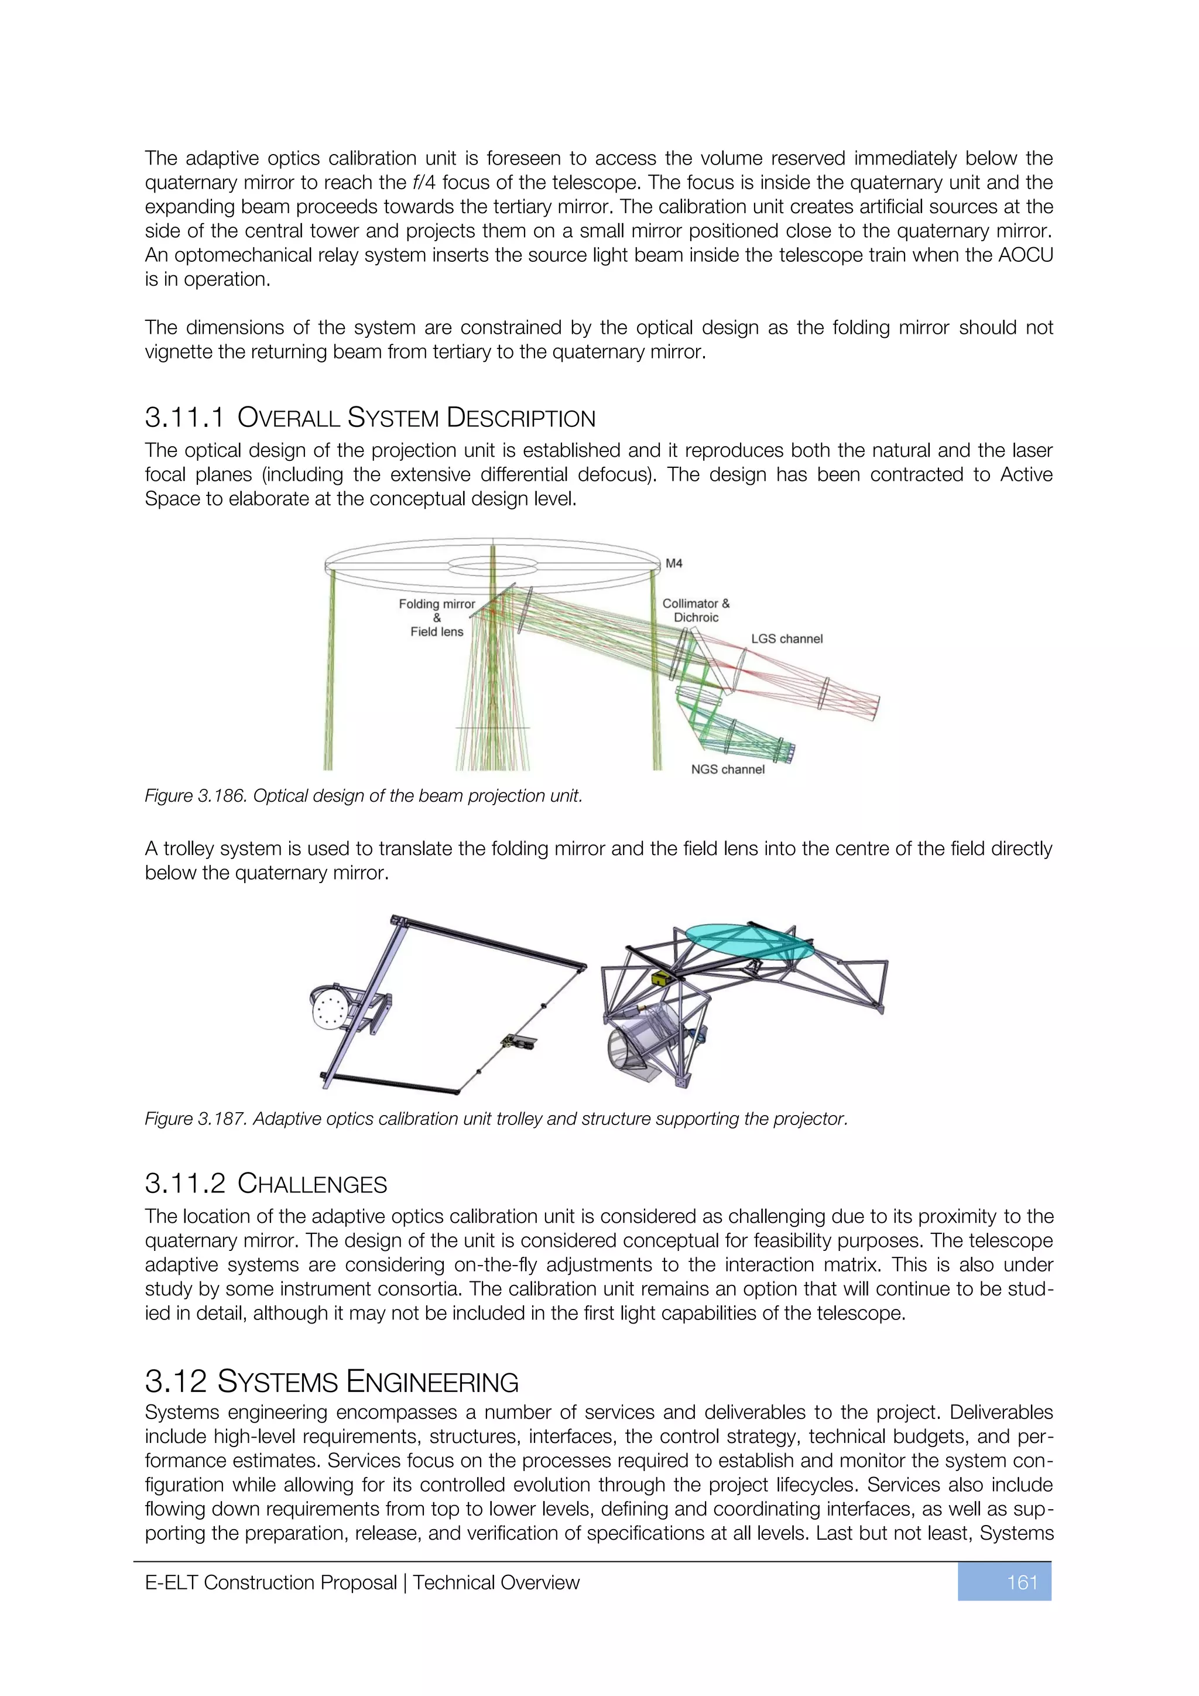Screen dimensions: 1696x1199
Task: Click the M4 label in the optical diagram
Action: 673,563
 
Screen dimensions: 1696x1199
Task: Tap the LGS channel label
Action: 786,639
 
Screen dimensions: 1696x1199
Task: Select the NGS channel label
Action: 727,769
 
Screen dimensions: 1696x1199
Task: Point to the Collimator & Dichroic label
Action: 696,610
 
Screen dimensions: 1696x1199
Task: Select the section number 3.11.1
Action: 184,418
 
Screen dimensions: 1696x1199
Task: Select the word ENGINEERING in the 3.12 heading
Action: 432,1382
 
